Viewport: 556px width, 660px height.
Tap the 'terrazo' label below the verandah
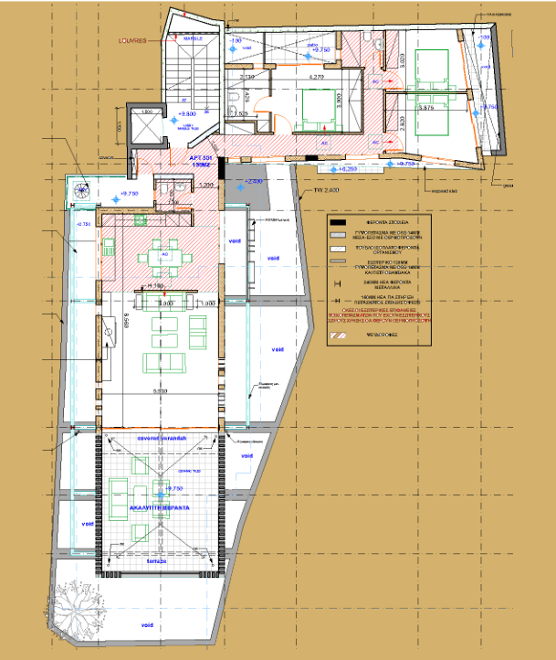pyautogui.click(x=162, y=561)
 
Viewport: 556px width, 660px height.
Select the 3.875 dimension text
pyautogui.click(x=425, y=107)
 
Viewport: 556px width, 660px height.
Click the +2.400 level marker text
pyautogui.click(x=253, y=182)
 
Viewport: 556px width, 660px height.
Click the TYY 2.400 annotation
pyautogui.click(x=325, y=190)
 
